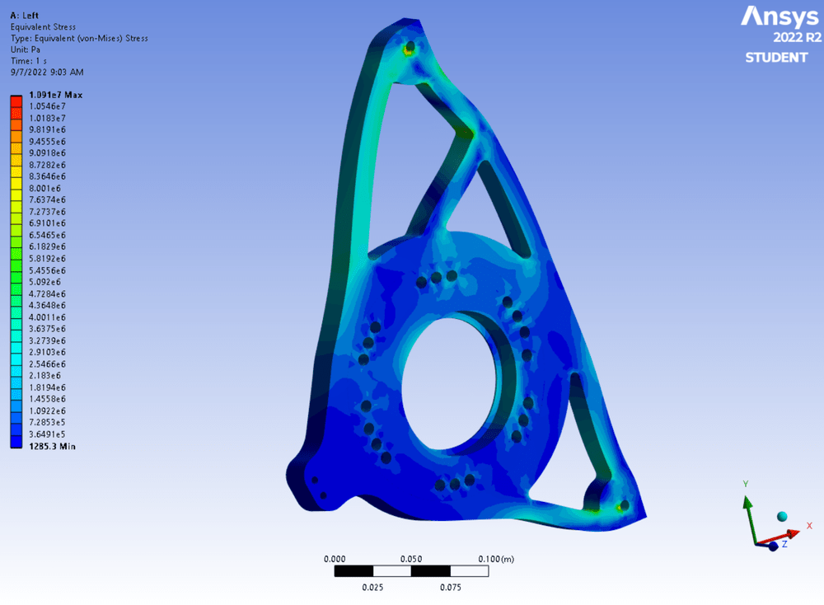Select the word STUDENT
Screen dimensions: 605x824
point(776,58)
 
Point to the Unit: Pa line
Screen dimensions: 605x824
point(26,49)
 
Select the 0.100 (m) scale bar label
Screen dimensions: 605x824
point(496,559)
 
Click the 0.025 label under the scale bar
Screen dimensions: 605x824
point(372,588)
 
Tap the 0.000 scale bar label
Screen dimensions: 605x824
point(335,559)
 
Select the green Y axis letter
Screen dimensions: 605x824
point(745,484)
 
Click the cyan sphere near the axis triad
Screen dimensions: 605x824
point(781,516)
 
